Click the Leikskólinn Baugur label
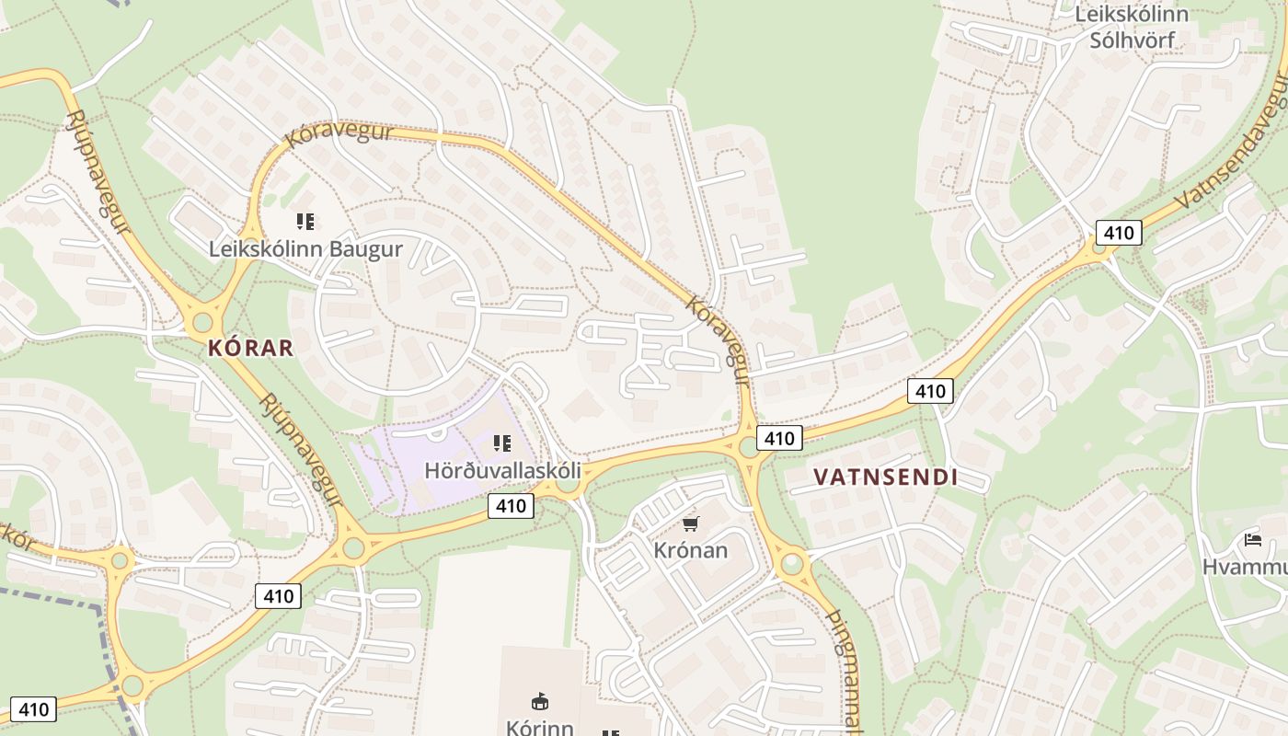[x=305, y=248]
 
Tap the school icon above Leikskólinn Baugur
[x=305, y=221]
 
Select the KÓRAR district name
[x=250, y=348]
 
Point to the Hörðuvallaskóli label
[x=502, y=470]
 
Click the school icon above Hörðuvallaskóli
[x=502, y=443]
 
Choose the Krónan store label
[x=690, y=551]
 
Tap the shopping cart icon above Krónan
[x=690, y=524]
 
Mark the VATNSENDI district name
[x=885, y=477]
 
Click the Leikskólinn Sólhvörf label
[x=1131, y=27]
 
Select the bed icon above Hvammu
[x=1252, y=539]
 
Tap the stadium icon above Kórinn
[x=540, y=702]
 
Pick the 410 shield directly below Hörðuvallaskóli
[x=511, y=505]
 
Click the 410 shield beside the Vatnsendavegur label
[x=1119, y=233]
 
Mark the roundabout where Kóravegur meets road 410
[x=750, y=448]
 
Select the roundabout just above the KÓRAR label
[x=201, y=323]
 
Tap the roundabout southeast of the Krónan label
[x=791, y=563]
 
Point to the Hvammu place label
[x=1244, y=567]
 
